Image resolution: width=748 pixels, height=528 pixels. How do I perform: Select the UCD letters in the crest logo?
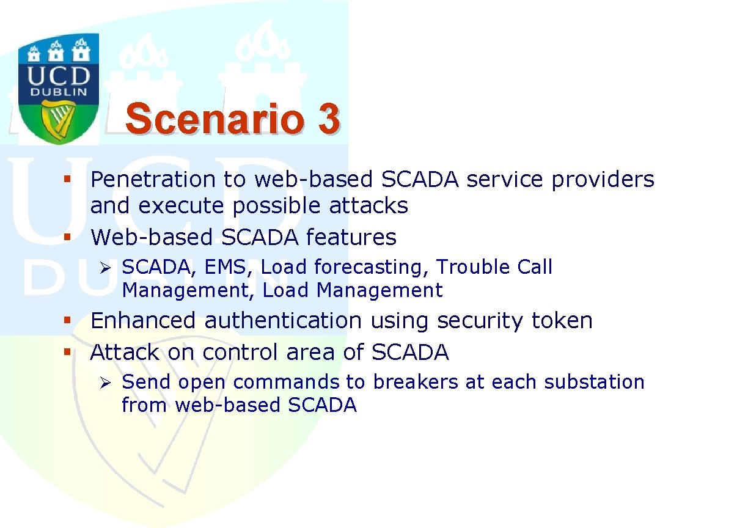59,76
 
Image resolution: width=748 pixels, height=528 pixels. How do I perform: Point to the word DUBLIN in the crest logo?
59,92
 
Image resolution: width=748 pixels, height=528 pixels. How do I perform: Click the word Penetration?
153,179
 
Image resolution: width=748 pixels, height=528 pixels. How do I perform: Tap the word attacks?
369,205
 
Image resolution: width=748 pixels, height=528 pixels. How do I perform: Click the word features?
351,237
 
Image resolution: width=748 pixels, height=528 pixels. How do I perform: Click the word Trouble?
473,267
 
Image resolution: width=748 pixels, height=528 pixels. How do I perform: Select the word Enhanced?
143,320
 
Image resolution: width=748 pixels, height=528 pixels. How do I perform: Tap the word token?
562,320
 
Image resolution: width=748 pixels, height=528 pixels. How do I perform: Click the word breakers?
416,382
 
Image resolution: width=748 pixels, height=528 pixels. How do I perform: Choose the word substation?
594,382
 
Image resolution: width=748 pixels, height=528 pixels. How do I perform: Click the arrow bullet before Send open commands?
105,383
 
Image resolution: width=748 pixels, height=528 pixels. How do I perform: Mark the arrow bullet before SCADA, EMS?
105,268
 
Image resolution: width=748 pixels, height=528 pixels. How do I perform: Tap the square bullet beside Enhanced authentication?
67,321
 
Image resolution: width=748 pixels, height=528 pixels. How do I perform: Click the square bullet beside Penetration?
67,179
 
